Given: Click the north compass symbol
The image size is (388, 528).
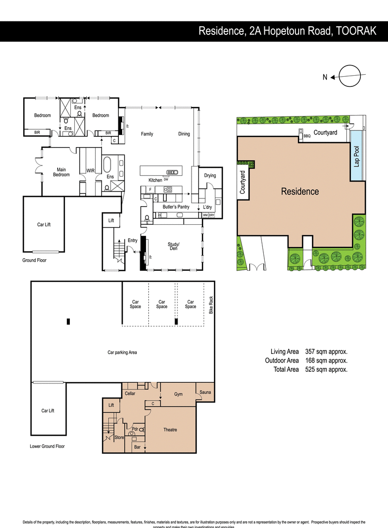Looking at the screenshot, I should pyautogui.click(x=350, y=76).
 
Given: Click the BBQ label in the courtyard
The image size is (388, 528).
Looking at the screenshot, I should pyautogui.click(x=307, y=136).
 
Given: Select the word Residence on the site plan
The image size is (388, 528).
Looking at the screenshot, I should pyautogui.click(x=300, y=191).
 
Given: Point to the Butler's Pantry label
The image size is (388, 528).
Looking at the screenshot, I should pyautogui.click(x=176, y=207).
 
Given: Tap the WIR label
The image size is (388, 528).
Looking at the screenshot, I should pyautogui.click(x=90, y=171).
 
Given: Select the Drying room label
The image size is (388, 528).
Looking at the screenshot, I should pyautogui.click(x=210, y=176).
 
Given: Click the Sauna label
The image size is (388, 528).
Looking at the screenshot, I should pyautogui.click(x=204, y=392).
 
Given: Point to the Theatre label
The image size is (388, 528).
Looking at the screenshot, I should pyautogui.click(x=170, y=430).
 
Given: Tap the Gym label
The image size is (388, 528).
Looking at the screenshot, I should pyautogui.click(x=178, y=394).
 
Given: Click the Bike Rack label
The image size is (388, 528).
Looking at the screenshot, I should pyautogui.click(x=211, y=305).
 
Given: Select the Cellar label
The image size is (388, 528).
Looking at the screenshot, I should pyautogui.click(x=129, y=393).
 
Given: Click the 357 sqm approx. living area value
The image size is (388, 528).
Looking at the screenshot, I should pyautogui.click(x=326, y=351).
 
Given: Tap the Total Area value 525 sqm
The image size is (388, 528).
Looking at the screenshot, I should pyautogui.click(x=326, y=369).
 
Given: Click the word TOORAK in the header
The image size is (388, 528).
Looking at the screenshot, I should pyautogui.click(x=356, y=31).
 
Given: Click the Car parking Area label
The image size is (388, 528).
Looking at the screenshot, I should pyautogui.click(x=122, y=352).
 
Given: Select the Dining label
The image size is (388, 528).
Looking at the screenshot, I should pyautogui.click(x=184, y=134).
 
